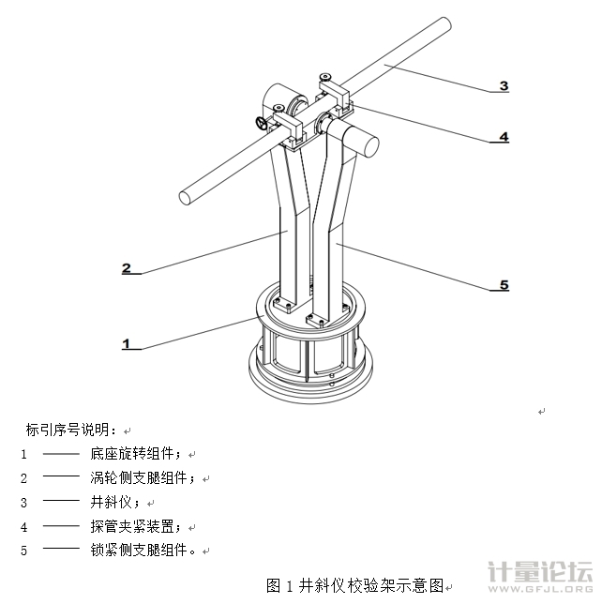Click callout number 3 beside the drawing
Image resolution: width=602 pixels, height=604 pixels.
504,86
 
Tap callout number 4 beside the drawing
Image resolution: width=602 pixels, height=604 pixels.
504,136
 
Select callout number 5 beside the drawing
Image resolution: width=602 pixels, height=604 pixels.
504,284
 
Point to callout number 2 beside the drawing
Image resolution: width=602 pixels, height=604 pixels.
127,267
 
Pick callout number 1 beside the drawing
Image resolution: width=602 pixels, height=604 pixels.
127,343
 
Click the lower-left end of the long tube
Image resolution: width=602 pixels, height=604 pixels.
189,197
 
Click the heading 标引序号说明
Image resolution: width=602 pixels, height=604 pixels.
71,430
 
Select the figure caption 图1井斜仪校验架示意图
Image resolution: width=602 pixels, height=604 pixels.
354,585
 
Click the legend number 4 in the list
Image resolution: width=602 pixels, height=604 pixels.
24,526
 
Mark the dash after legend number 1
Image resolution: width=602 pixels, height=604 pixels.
61,453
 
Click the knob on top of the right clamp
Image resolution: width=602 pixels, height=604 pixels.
324,77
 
